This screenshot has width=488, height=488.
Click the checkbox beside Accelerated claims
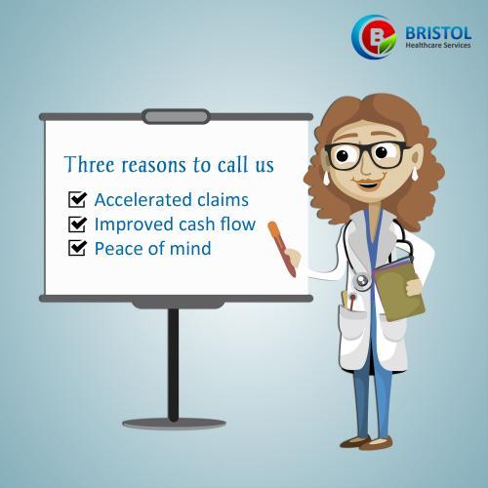click(x=77, y=199)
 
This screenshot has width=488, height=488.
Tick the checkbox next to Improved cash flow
click(x=77, y=224)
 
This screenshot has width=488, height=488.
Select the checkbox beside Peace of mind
click(x=77, y=248)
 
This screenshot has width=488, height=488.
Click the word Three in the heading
click(x=90, y=164)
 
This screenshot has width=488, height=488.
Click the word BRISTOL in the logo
click(x=438, y=33)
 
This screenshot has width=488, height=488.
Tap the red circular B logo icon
click(x=374, y=37)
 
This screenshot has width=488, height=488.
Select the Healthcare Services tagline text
click(x=438, y=45)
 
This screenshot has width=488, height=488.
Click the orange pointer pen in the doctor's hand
click(x=282, y=249)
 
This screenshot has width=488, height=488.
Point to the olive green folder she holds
click(x=399, y=290)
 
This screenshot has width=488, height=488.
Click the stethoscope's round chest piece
click(x=362, y=281)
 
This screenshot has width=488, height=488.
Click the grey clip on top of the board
click(x=176, y=116)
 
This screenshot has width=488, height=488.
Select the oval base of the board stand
click(x=174, y=424)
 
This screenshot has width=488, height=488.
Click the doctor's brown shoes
click(x=367, y=443)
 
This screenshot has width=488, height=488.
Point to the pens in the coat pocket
click(x=348, y=301)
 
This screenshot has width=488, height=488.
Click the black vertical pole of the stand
click(x=174, y=364)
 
